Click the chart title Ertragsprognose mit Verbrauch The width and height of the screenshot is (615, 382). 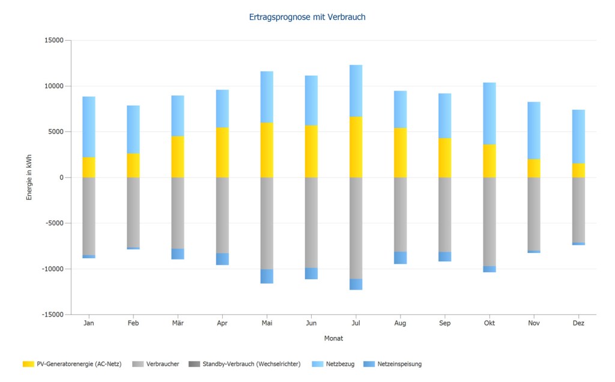click(307, 17)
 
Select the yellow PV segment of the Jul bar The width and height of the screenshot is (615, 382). click(356, 147)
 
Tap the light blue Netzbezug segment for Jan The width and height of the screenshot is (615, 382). click(89, 127)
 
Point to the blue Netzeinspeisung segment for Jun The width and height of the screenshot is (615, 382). click(311, 274)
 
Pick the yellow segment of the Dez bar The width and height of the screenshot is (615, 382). click(578, 171)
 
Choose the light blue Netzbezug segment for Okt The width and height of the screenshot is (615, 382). click(489, 114)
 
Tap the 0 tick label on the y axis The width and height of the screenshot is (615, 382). click(61, 178)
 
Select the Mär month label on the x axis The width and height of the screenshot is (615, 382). click(178, 323)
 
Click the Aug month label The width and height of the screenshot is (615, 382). click(401, 323)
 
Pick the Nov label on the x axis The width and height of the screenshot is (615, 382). click(534, 323)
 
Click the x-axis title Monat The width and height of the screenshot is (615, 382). click(333, 338)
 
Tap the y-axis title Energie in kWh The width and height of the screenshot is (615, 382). click(29, 177)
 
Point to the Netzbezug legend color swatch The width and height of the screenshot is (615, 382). click(318, 364)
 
